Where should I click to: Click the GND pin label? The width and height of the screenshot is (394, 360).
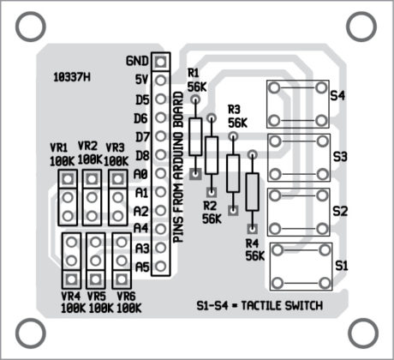[x=136, y=61]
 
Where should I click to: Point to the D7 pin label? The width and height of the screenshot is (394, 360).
[x=142, y=136]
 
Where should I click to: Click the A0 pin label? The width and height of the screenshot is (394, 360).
[x=142, y=173]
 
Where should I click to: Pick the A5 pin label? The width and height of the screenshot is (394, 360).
[x=142, y=267]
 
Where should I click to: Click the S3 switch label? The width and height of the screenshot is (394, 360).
[x=340, y=157]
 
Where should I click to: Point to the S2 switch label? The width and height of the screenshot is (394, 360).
[x=340, y=210]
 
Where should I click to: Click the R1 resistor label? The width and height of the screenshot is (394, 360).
[x=194, y=75]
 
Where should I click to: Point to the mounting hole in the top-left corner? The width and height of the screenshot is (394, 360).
[x=30, y=27]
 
